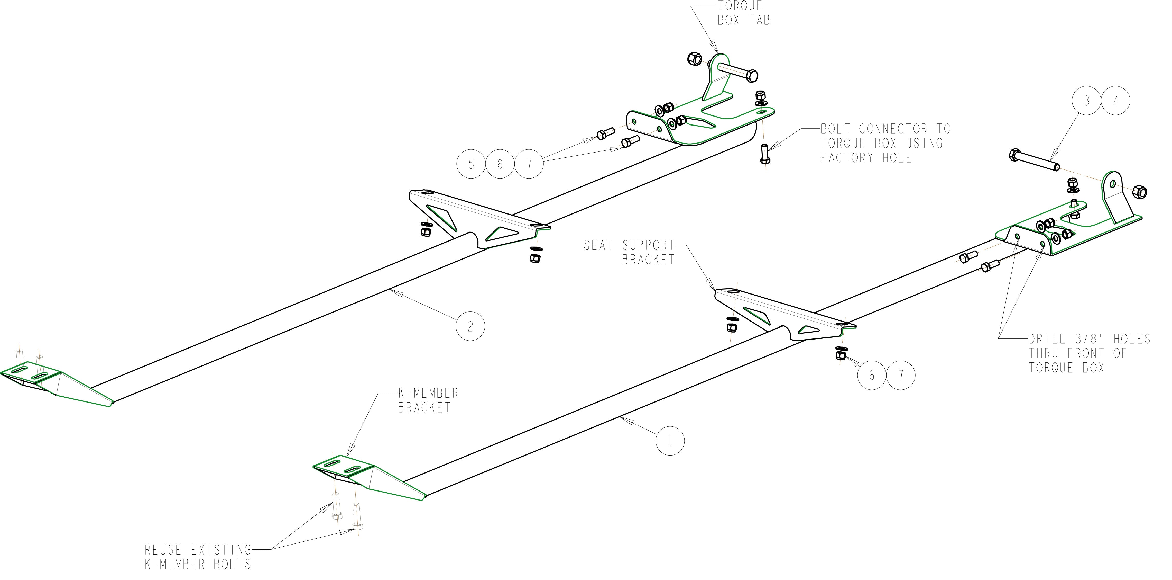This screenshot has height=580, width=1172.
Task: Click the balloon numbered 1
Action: pyautogui.click(x=670, y=440)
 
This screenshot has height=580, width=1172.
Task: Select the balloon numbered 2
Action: pyautogui.click(x=470, y=326)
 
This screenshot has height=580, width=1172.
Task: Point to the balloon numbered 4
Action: pyautogui.click(x=1115, y=101)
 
